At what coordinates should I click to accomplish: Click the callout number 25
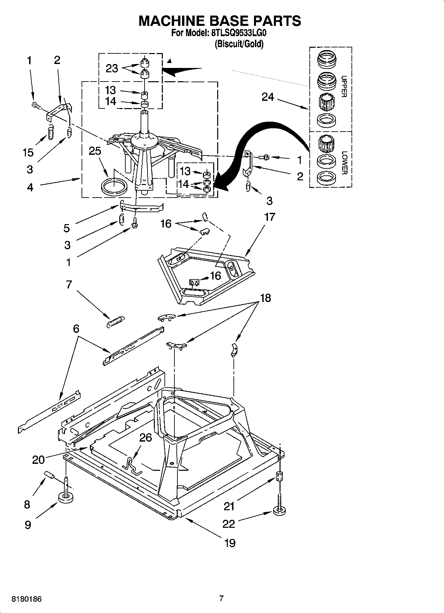[95, 151]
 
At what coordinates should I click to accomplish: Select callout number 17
[270, 217]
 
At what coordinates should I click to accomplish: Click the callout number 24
[268, 97]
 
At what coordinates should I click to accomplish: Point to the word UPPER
[344, 87]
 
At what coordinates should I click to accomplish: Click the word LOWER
[344, 163]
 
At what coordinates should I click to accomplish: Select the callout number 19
[229, 543]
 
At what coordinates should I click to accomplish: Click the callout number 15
[28, 153]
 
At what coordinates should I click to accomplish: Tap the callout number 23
[112, 69]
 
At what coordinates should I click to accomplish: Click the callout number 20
[38, 460]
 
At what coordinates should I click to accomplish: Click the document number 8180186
[27, 599]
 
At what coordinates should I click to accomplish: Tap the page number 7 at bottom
[222, 598]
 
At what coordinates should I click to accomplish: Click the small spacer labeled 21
[279, 477]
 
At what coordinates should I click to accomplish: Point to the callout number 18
[266, 298]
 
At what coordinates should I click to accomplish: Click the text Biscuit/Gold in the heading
[239, 44]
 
